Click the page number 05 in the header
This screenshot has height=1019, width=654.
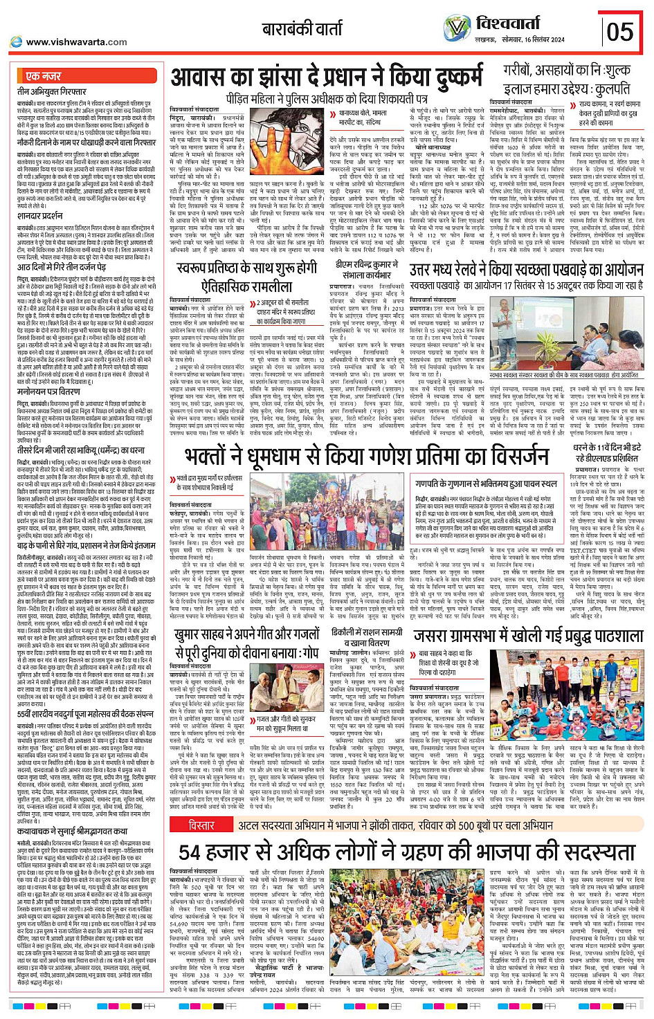(x=619, y=31)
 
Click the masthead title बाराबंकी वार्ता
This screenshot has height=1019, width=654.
(x=302, y=28)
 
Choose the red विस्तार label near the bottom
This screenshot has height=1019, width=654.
(x=201, y=825)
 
